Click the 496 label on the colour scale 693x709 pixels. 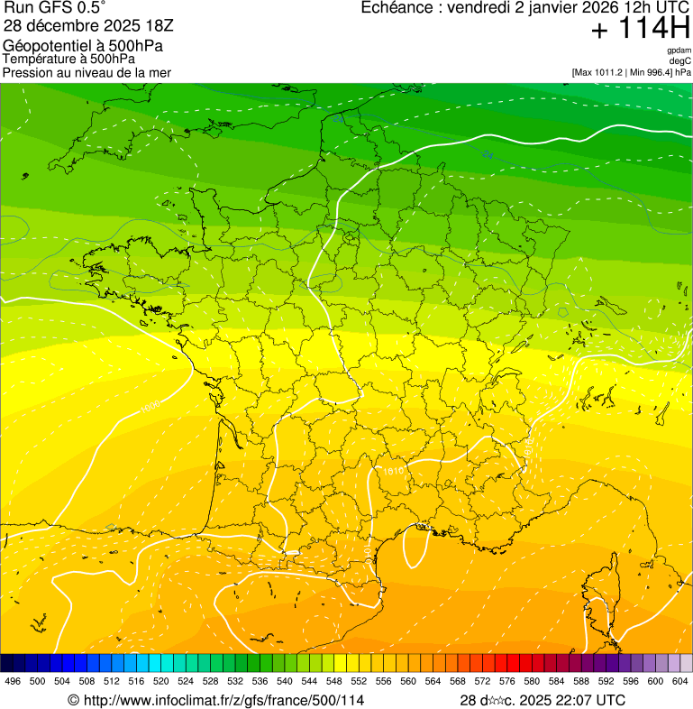pos(13,682)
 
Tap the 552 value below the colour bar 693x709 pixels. pos(359,682)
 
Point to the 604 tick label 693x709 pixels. pos(680,682)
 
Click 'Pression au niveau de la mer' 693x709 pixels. pos(87,72)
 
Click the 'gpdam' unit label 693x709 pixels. pos(679,51)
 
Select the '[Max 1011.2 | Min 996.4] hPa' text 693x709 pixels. pos(631,72)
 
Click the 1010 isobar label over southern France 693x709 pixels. pos(394,471)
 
